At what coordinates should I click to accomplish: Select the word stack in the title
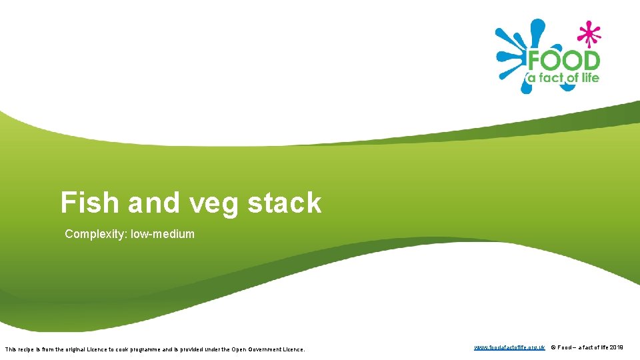(285, 203)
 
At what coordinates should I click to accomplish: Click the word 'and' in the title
(154, 203)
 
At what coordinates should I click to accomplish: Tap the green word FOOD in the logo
(564, 61)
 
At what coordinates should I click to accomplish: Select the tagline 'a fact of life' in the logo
(564, 78)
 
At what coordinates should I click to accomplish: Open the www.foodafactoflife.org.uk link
(509, 348)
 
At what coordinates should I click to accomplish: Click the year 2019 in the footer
(617, 348)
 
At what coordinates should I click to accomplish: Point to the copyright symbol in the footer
(553, 348)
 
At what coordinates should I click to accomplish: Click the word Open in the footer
(238, 349)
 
